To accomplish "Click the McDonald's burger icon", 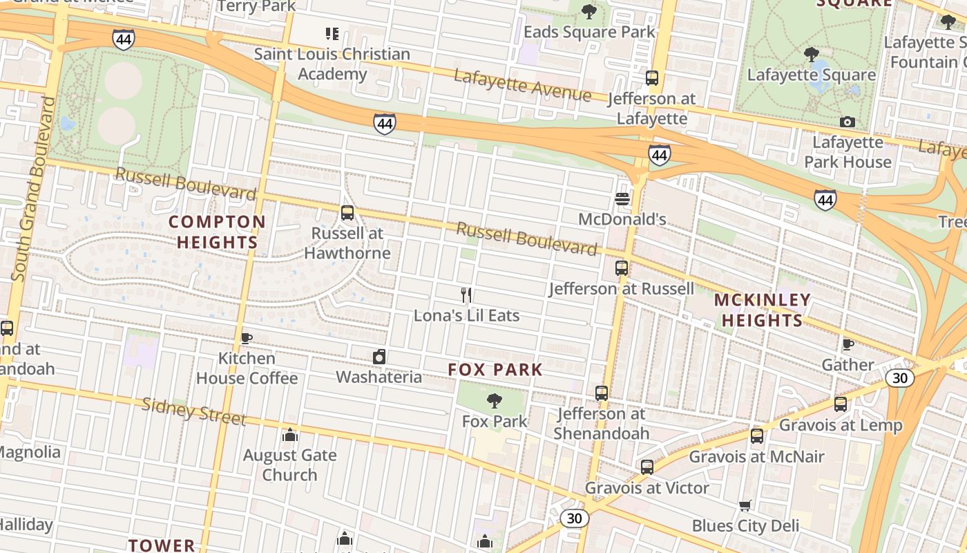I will (x=622, y=199).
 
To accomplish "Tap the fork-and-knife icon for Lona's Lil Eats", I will (x=466, y=296).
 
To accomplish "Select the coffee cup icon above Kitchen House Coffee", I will (x=246, y=338).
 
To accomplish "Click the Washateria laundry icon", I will (x=379, y=357).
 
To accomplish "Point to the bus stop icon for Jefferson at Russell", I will (x=622, y=268).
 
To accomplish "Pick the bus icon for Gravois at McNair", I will (x=757, y=436).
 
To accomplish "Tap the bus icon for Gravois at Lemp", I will (x=841, y=404).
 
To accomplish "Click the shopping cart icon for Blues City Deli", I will (x=745, y=505).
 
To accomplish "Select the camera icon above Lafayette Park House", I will (x=848, y=122).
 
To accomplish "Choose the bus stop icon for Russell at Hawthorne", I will (x=347, y=213).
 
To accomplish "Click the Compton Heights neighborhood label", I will (x=218, y=232).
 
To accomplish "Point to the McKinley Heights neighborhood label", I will (x=762, y=310).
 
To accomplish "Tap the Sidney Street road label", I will (x=193, y=411).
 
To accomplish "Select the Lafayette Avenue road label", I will (x=523, y=85).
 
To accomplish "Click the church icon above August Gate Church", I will (x=290, y=435).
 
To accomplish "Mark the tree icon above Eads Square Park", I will (x=589, y=12).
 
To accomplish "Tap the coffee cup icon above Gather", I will (x=848, y=344).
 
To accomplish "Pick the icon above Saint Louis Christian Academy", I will (x=332, y=33).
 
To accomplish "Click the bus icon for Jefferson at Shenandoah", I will (x=602, y=393).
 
